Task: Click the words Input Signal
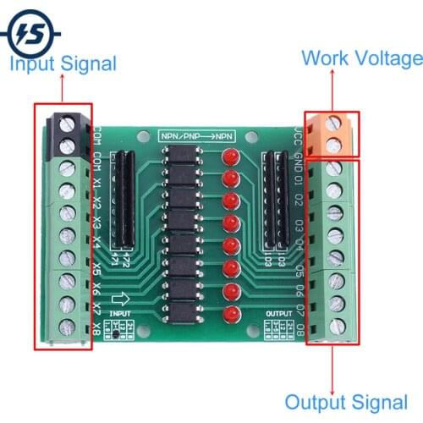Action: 63,63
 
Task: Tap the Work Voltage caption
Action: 361,58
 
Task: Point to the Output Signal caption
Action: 346,403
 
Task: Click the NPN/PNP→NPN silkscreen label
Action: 195,134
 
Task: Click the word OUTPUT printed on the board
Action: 278,313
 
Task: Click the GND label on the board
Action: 298,160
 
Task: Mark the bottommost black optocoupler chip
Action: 179,308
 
